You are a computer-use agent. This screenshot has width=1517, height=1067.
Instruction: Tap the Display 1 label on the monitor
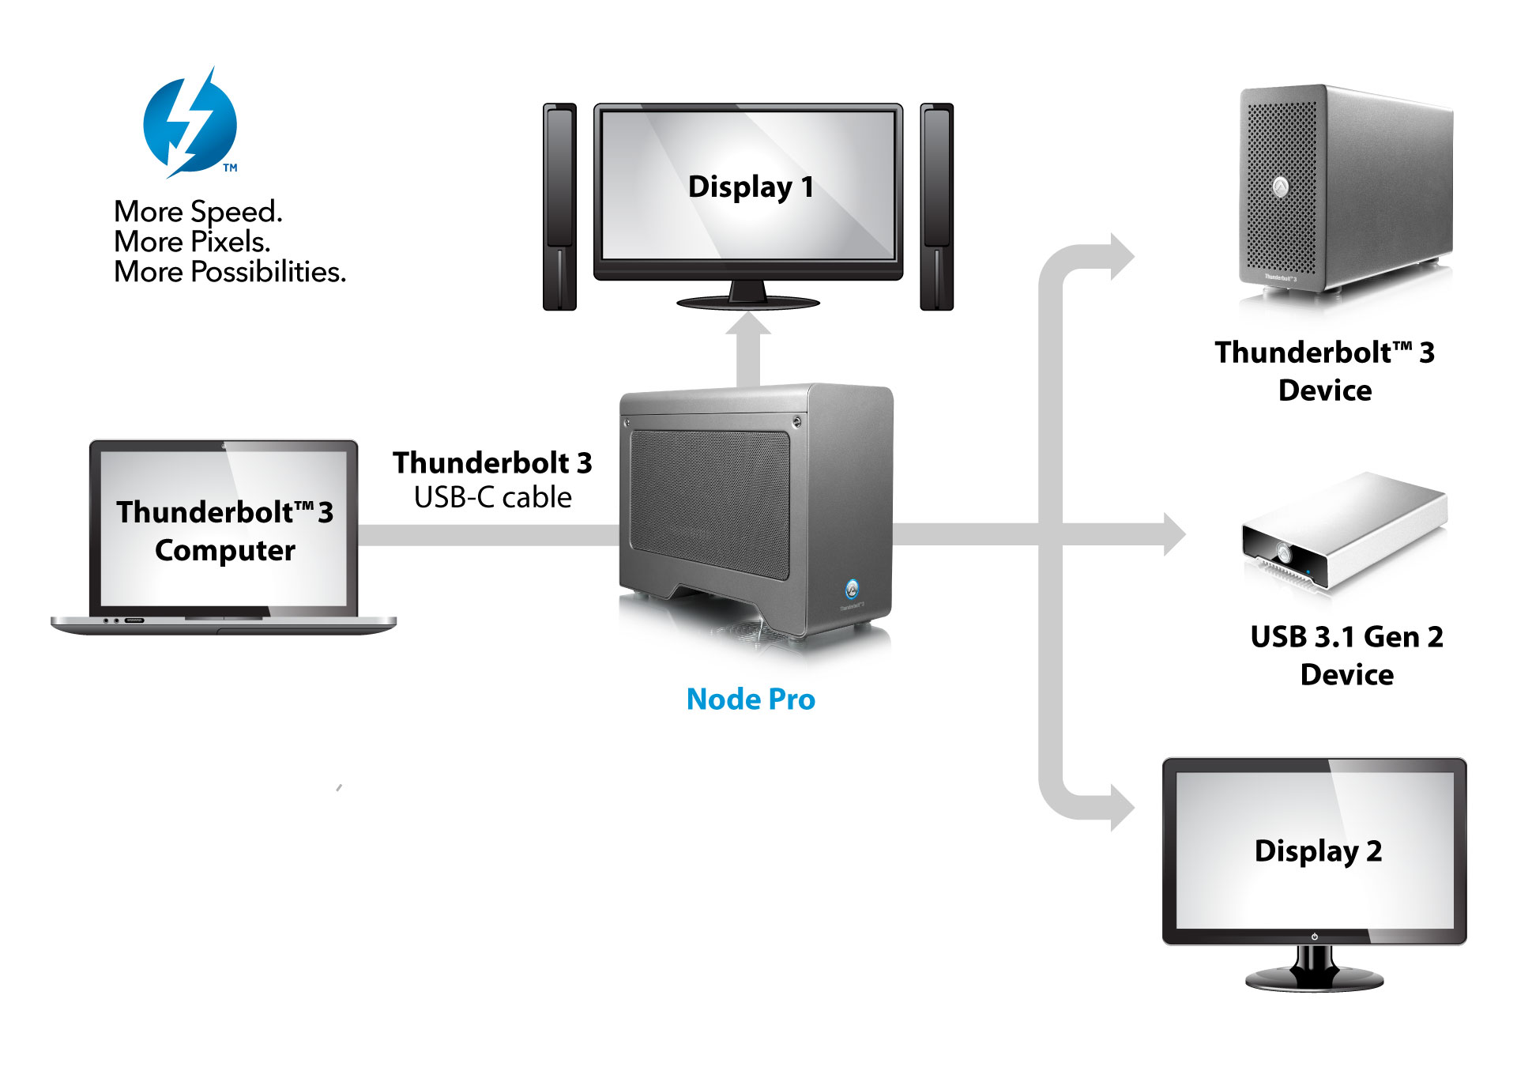click(750, 187)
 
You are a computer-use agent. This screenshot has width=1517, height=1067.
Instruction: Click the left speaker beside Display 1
click(559, 206)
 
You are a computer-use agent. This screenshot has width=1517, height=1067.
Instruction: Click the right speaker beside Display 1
click(936, 206)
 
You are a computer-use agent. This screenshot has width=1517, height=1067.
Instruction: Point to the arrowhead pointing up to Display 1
click(747, 325)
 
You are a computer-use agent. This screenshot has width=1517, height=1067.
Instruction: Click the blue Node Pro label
click(750, 699)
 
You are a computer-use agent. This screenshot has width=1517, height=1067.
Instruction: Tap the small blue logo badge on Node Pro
click(852, 588)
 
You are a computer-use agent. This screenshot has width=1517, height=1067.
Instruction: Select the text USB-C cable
click(492, 497)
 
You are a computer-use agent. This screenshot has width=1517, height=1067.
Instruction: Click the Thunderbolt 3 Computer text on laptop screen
click(224, 530)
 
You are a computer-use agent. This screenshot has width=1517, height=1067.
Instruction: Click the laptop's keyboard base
click(224, 624)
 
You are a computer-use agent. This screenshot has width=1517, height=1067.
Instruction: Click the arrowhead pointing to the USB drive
click(1174, 534)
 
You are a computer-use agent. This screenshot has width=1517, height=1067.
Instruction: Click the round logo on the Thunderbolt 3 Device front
click(1281, 187)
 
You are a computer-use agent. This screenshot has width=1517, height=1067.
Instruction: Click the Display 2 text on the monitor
click(1317, 851)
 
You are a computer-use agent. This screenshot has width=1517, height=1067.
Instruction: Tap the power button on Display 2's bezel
click(1314, 937)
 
